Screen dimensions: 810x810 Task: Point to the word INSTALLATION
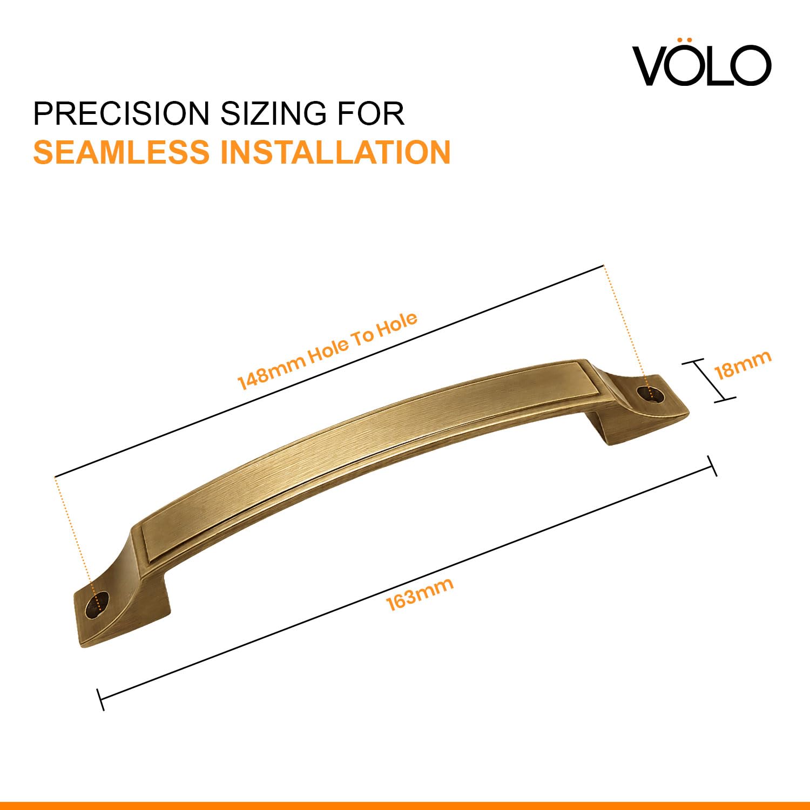(335, 152)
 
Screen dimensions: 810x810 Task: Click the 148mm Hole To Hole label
(328, 350)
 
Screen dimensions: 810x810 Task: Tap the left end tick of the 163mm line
(100, 699)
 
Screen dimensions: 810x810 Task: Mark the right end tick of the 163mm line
(712, 466)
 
